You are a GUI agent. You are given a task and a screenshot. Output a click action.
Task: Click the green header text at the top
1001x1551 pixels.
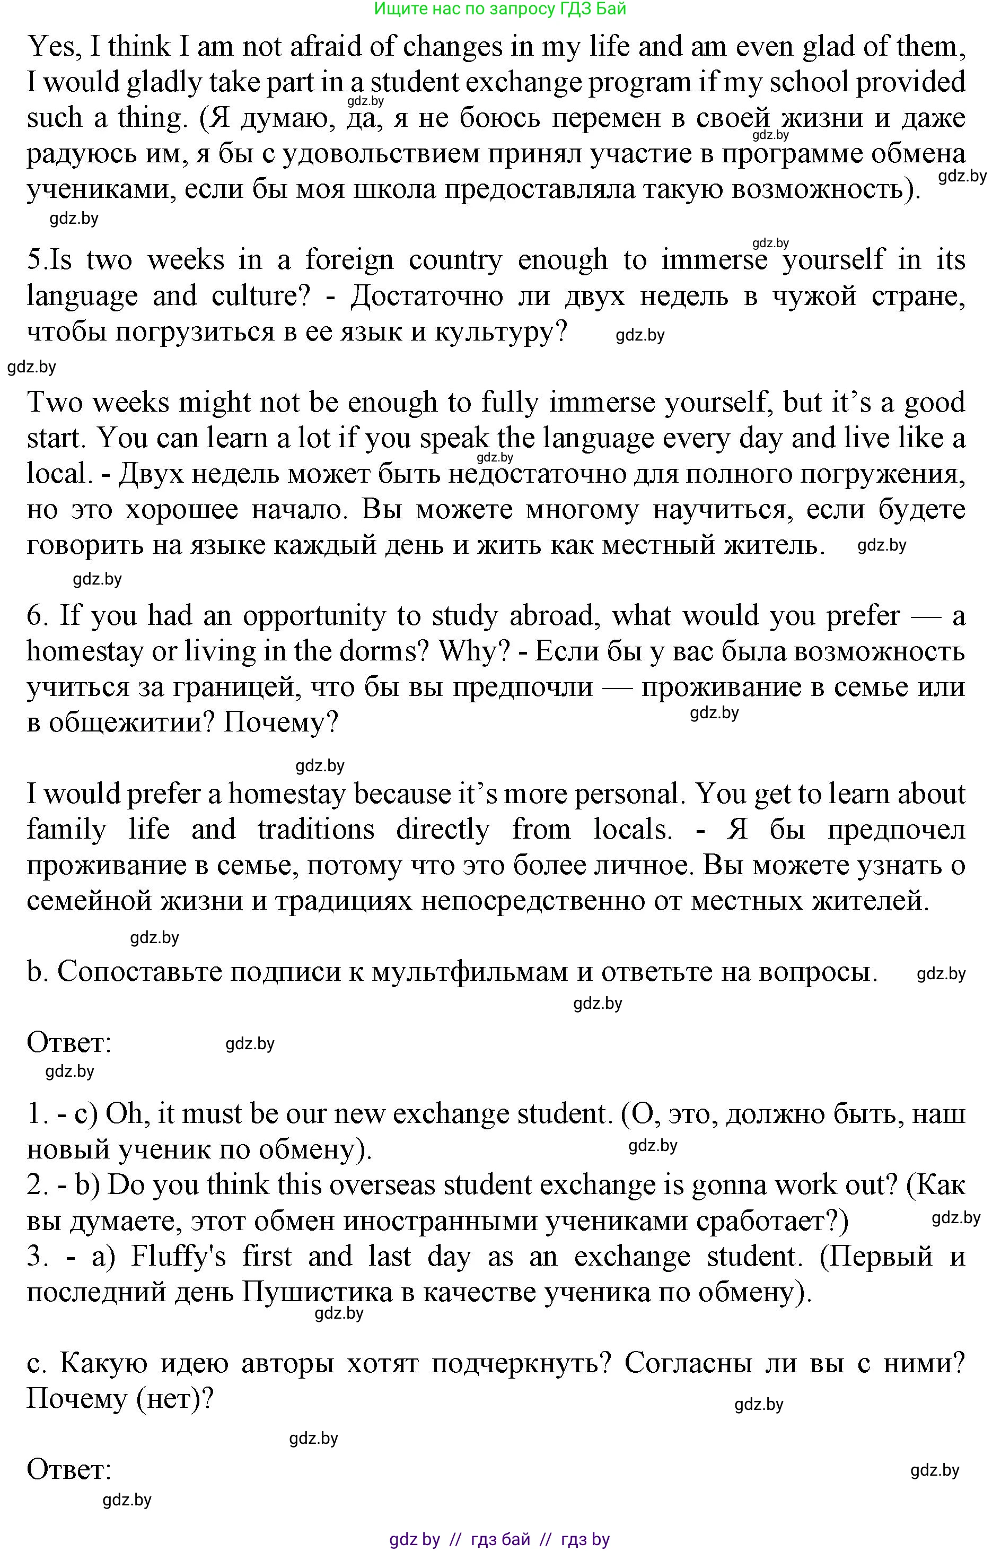pyautogui.click(x=500, y=8)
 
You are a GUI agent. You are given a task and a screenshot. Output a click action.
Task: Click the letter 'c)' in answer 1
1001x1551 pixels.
pyautogui.click(x=86, y=1114)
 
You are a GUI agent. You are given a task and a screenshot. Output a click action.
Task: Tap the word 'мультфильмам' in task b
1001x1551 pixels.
pyautogui.click(x=480, y=972)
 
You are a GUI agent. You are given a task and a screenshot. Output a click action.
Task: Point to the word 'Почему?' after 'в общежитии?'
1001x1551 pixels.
pyautogui.click(x=281, y=722)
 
